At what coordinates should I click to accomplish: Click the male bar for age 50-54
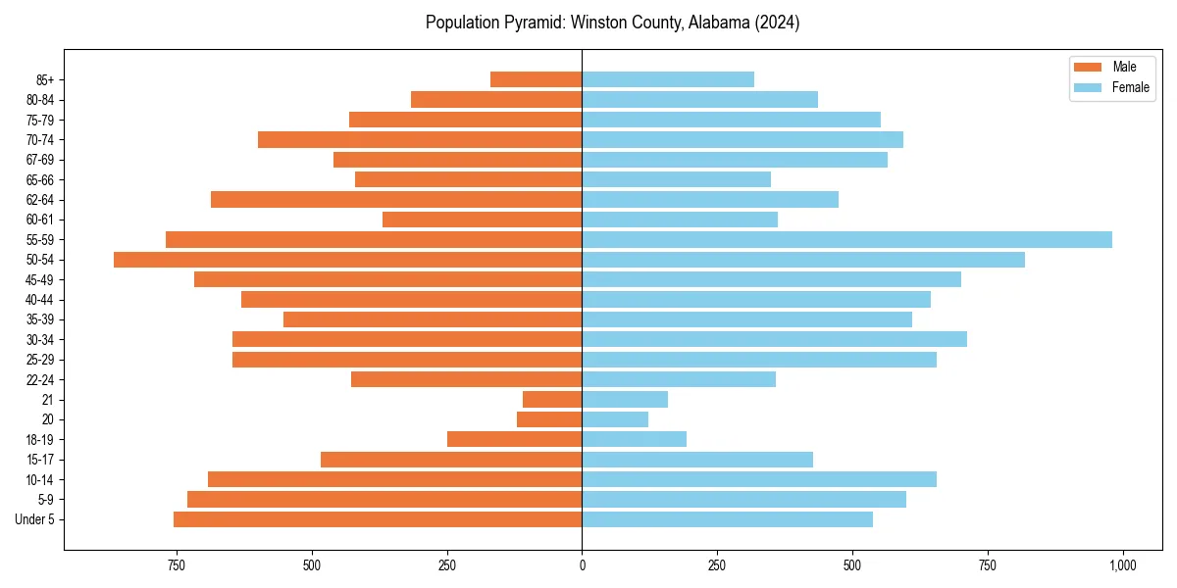coord(347,260)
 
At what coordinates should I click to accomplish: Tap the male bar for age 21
coord(552,400)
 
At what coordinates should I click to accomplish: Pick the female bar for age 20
coord(615,419)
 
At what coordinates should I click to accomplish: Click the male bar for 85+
coord(536,79)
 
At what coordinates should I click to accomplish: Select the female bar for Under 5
coord(727,519)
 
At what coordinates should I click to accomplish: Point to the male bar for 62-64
coord(396,200)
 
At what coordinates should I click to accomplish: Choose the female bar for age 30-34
coord(774,339)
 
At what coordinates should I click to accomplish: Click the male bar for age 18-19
coord(514,439)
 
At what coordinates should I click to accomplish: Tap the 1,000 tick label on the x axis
coord(1122,565)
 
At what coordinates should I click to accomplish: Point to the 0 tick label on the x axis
coord(582,565)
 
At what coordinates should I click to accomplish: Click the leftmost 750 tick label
coord(177,565)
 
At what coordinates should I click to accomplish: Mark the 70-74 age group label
coord(40,140)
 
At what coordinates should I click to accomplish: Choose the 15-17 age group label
coord(40,460)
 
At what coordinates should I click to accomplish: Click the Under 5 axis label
coord(35,519)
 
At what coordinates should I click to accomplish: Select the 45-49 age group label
coord(40,280)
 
